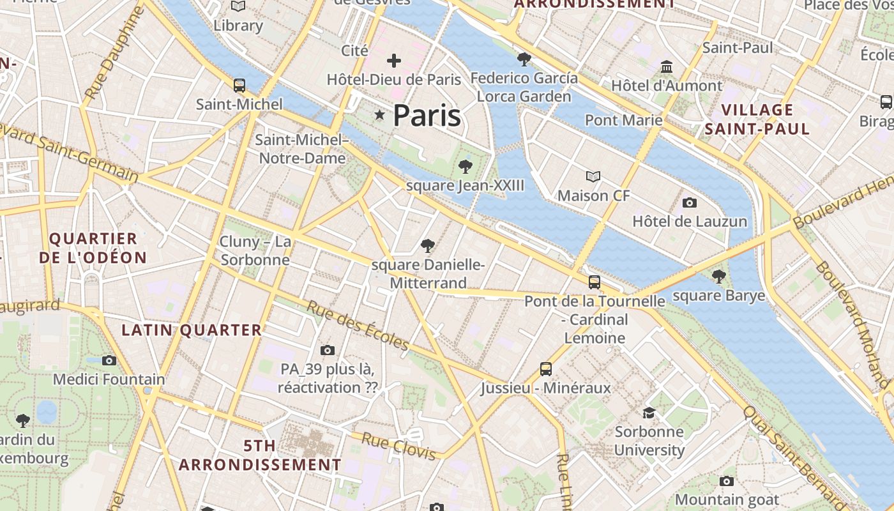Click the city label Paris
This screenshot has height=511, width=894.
[x=427, y=116]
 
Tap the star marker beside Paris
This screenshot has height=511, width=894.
[x=380, y=115]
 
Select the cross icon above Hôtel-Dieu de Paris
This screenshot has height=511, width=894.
[x=394, y=61]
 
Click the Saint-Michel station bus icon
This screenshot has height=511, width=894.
[x=239, y=86]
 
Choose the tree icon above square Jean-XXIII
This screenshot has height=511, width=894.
[x=466, y=167]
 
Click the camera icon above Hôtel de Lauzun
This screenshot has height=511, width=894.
[x=690, y=203]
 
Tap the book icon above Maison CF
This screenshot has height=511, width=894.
[x=593, y=176]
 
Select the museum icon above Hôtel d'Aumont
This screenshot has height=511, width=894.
[x=667, y=66]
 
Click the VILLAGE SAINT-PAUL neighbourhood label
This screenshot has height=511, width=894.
[x=758, y=119]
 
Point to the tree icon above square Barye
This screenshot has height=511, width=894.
[x=719, y=277]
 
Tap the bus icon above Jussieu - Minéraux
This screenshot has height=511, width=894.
[x=546, y=369]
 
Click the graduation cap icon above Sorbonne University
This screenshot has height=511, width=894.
[x=649, y=413]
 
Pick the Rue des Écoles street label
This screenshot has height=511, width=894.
[x=358, y=326]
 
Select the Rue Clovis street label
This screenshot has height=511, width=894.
[x=398, y=445]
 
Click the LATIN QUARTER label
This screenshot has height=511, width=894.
[x=192, y=330]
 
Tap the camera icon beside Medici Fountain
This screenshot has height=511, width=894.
[x=109, y=360]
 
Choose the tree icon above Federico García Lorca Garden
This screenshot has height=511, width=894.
[x=524, y=59]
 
